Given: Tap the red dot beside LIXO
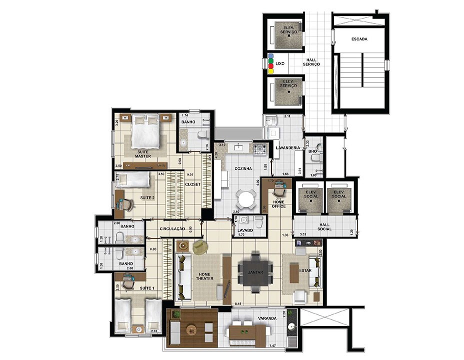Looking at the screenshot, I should pos(270,66).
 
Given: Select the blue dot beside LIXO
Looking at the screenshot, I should pos(270,56).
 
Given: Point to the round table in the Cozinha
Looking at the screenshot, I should pos(246,199).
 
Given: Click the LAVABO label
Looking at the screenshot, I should pos(243,229).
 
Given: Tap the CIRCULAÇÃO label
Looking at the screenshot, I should pos(173,228).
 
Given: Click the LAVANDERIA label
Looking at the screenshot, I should pos(288,147).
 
